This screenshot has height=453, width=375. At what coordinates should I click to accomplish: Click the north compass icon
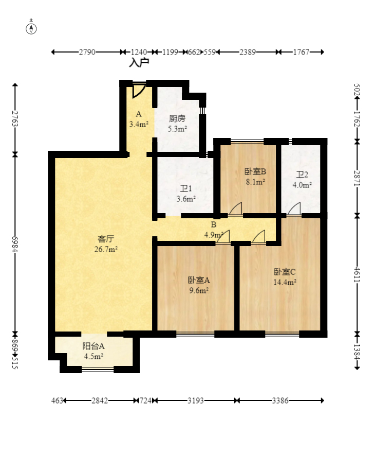pos(31,28)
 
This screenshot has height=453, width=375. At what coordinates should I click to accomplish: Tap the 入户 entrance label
pos(139,62)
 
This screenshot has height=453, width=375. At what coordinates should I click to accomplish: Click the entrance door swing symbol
pos(138,91)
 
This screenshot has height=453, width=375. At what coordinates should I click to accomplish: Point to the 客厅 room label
pos(106,239)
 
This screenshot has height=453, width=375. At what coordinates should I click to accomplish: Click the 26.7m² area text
pos(106,249)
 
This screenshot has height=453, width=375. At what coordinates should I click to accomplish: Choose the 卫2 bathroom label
pos(302,175)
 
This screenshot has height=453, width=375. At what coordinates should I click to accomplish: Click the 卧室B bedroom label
pos(255,171)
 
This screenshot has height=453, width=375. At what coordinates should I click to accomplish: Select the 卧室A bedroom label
pos(199,281)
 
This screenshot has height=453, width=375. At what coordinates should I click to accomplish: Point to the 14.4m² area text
pos(285,282)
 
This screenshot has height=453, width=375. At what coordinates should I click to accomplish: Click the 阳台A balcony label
pos(93,346)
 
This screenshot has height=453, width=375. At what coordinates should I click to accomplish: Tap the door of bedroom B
pos(235,210)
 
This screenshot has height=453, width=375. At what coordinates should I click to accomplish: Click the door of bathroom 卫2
pos(294,209)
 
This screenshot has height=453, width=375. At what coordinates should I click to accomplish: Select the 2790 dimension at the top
pos(86,52)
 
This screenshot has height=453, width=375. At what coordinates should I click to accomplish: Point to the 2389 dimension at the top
pos(248,52)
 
